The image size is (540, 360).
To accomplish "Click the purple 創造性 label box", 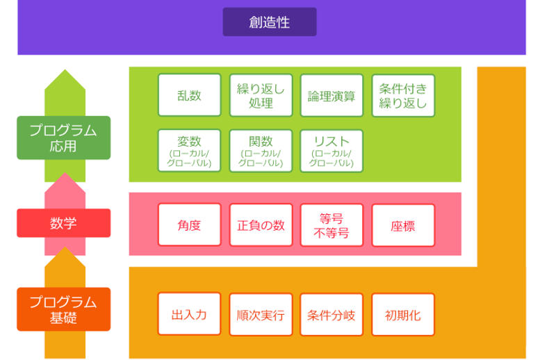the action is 270,22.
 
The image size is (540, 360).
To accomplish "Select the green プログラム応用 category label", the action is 64,138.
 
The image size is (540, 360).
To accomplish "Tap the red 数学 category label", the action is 64,223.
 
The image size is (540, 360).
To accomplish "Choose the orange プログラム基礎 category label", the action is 64,309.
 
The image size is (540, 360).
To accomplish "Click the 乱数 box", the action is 190,95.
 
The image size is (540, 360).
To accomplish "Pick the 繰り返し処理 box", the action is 261,95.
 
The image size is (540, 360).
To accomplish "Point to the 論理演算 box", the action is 332,95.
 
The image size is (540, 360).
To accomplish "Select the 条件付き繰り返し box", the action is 403,96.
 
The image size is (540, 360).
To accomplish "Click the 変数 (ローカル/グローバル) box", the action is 190,151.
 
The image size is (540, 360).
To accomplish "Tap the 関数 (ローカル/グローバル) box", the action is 261,151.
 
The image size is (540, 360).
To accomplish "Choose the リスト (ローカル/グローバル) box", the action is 332,151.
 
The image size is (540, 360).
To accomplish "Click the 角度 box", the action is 190,224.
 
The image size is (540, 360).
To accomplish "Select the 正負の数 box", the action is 261,225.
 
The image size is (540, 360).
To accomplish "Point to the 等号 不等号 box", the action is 332,225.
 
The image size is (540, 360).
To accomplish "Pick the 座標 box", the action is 403,225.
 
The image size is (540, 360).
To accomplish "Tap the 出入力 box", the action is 190,314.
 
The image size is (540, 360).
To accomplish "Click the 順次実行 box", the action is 261,314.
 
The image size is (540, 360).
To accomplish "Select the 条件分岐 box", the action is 332,314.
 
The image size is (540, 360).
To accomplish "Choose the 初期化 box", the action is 403,314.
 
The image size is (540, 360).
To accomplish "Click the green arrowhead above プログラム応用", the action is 65,81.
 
